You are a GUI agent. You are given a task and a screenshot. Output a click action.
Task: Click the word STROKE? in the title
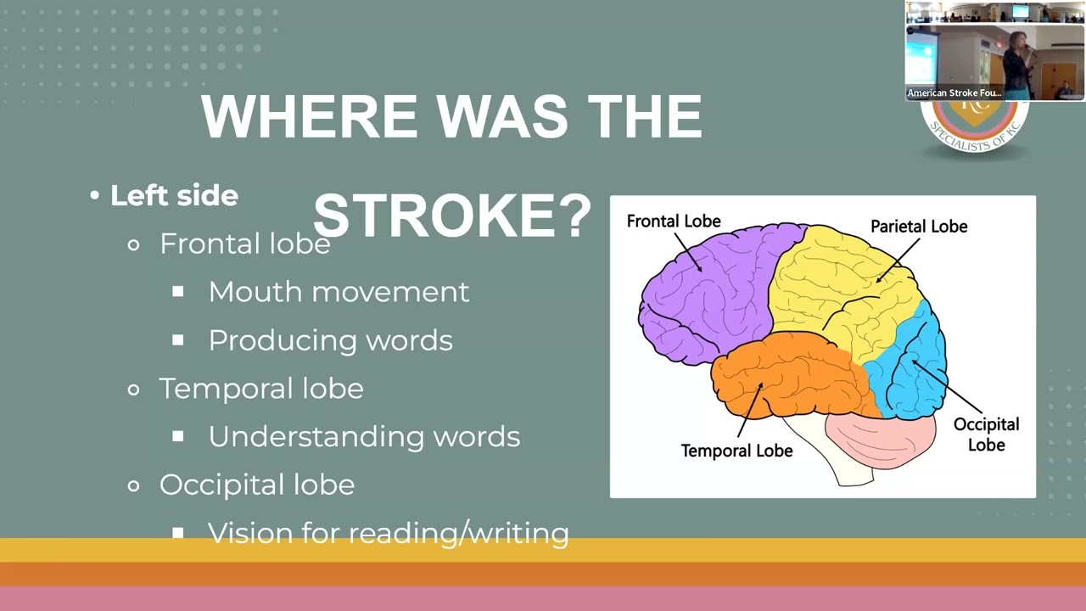pos(452,216)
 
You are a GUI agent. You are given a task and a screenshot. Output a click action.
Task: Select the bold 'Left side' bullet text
pos(174,196)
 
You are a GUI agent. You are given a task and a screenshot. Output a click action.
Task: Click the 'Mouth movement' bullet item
pos(339,292)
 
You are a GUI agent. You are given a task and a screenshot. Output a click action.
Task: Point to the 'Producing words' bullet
pos(330,340)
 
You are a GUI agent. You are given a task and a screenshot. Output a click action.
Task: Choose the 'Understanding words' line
pos(364,436)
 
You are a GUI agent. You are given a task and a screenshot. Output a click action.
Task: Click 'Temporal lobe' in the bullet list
pos(261,389)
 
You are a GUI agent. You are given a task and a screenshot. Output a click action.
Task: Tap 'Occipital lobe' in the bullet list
pos(256,485)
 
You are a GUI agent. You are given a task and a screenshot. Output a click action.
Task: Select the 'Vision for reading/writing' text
pos(388,533)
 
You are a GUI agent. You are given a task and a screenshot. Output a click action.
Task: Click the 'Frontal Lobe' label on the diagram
pos(674,221)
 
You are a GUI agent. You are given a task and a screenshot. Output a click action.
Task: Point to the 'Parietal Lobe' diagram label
pos(919,227)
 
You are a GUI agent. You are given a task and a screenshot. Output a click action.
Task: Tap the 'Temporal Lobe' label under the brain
pos(736,451)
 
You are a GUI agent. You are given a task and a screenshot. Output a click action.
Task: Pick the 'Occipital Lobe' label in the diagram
pos(986,434)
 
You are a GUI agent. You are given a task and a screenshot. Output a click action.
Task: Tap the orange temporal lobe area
pos(789,378)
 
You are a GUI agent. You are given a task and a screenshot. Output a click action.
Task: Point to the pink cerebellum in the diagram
pos(882,437)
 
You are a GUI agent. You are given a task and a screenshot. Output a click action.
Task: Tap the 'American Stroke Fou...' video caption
pos(954,92)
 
